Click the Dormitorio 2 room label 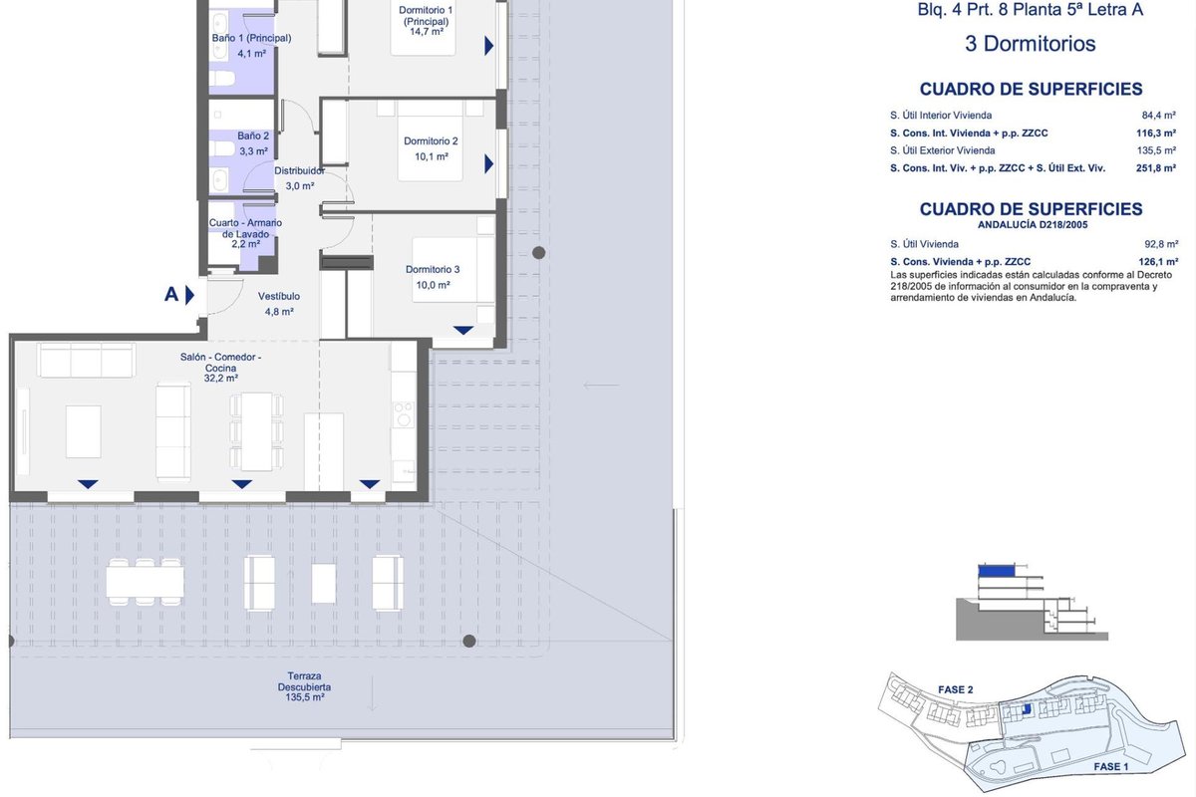[x=431, y=141]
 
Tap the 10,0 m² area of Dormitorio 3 [x=433, y=285]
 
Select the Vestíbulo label [x=279, y=296]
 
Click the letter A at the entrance [x=170, y=294]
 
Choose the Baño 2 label [x=253, y=136]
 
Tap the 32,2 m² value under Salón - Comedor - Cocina [x=220, y=379]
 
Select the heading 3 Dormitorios [x=1030, y=44]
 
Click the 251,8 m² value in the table [x=1156, y=168]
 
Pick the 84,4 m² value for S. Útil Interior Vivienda [x=1158, y=116]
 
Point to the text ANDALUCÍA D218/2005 [x=1033, y=225]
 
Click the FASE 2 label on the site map [x=955, y=689]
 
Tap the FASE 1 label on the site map [x=1111, y=767]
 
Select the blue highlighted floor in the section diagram [x=997, y=571]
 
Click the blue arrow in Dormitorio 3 [x=462, y=331]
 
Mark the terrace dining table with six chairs [x=145, y=582]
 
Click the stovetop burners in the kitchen [x=404, y=414]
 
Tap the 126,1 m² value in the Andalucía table [x=1158, y=262]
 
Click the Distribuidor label [x=299, y=170]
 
